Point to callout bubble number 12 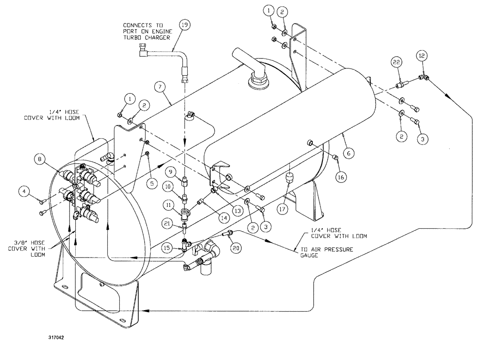click(421, 56)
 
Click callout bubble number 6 click(349, 153)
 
